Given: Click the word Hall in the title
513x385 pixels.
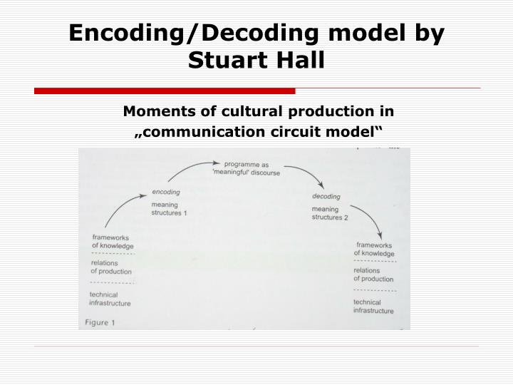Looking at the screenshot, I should point(296,58).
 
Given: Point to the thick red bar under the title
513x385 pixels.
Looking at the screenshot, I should point(165,91).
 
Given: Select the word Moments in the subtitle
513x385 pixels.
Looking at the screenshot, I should point(155,111).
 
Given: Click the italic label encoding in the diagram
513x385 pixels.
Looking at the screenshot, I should point(166,192).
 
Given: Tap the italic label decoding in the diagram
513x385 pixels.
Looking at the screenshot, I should point(326,196).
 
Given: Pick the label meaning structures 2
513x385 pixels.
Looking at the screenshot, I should point(329,213).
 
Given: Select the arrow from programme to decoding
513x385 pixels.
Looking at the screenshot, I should point(302,176).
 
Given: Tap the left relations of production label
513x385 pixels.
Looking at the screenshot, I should point(110,267).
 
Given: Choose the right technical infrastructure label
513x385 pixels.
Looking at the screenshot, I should point(373,306).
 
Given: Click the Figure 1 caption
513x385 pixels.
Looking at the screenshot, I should point(100,323).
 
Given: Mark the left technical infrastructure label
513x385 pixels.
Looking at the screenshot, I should point(110,299).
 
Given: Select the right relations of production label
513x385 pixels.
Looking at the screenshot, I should point(373,274).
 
